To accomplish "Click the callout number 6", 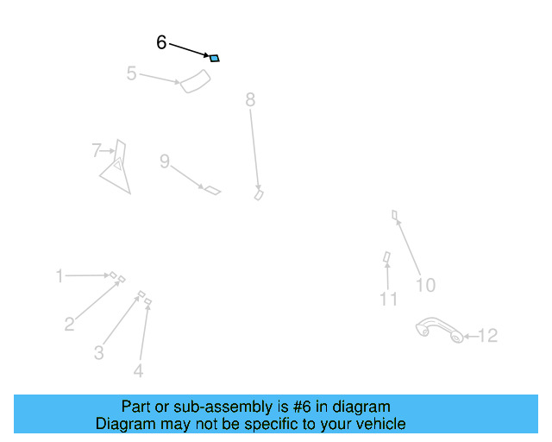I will pos(161,42).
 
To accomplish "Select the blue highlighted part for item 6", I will pos(215,58).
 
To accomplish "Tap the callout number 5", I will pos(131,73).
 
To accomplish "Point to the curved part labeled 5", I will pos(196,82).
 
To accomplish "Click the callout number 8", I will pos(250,100).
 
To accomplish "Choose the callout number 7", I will pos(97,151).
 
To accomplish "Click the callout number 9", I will pos(164,161).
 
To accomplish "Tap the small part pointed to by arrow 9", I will pos(211,189).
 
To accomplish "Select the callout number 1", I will pos(60,276).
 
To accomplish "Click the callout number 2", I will pos(69,325).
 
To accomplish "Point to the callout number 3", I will pos(99,352).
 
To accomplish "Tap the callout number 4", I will pos(138,371).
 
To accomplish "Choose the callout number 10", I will pos(425,285).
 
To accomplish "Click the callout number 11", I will pos(389,299).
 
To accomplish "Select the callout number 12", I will pos(488,336).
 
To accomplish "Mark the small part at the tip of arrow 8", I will pos(258,195).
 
